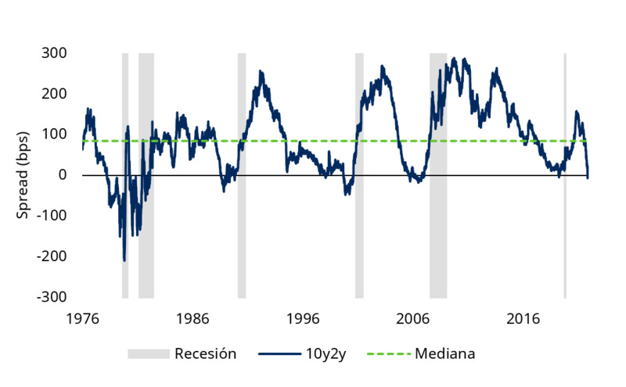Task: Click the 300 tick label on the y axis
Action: pos(55,53)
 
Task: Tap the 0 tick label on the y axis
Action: pos(63,175)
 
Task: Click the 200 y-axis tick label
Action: pos(55,94)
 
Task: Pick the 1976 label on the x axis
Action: pos(82,319)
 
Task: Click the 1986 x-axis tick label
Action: pos(192,319)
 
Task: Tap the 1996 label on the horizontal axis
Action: pos(303,319)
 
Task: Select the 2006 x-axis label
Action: pos(413,319)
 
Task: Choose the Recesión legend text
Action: pos(205,353)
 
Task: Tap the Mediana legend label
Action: pos(444,353)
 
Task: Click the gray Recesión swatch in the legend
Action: pos(149,354)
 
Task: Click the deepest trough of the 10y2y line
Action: pos(124,260)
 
